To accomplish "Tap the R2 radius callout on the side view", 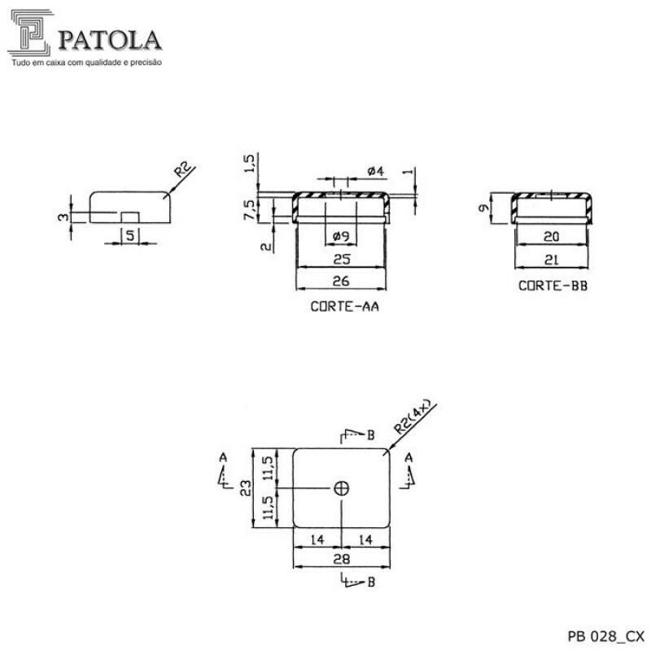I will (x=185, y=171).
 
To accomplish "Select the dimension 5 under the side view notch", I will (x=129, y=235).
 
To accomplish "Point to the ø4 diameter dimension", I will (x=375, y=172).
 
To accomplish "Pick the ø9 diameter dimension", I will (x=341, y=237).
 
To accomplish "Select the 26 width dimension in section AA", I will (x=341, y=281).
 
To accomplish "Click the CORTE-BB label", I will (x=553, y=286).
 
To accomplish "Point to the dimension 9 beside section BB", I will (x=484, y=208).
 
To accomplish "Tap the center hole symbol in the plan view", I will (x=341, y=487).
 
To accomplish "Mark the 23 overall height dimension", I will (x=245, y=487).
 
